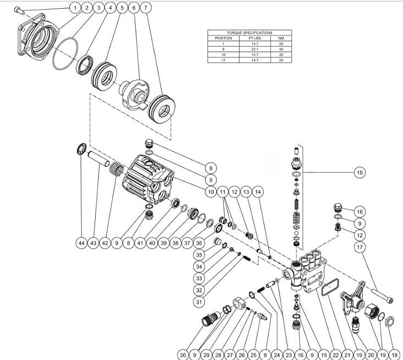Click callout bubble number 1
[x=74, y=8]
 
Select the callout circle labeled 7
[x=145, y=8]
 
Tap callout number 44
[x=81, y=242]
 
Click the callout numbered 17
[x=360, y=248]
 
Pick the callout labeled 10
[x=211, y=192]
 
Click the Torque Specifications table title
[x=242, y=33]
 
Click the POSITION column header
[x=223, y=38]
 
